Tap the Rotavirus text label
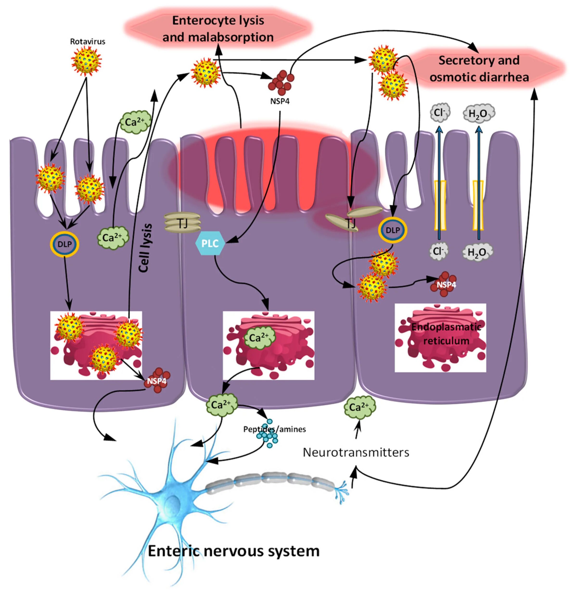pos(88,41)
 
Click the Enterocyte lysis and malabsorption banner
pos(218,29)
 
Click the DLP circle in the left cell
pos(65,244)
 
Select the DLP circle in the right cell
pos(393,230)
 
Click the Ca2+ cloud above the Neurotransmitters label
pos(360,407)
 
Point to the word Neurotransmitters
pos(356,452)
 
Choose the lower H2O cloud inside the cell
pos(477,252)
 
